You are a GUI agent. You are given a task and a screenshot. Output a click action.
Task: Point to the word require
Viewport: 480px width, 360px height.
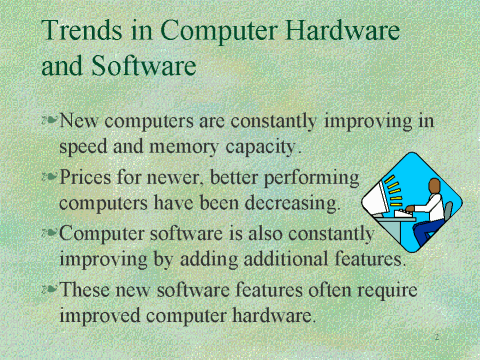pos(387,290)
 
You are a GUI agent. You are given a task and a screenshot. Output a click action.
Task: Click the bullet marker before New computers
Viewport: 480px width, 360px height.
pos(50,121)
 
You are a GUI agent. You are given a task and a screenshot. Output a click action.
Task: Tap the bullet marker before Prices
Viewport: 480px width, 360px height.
pos(50,177)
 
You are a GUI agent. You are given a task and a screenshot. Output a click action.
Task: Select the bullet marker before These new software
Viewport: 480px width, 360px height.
pos(50,290)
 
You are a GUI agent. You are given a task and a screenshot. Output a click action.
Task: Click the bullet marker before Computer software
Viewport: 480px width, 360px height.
pos(50,233)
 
